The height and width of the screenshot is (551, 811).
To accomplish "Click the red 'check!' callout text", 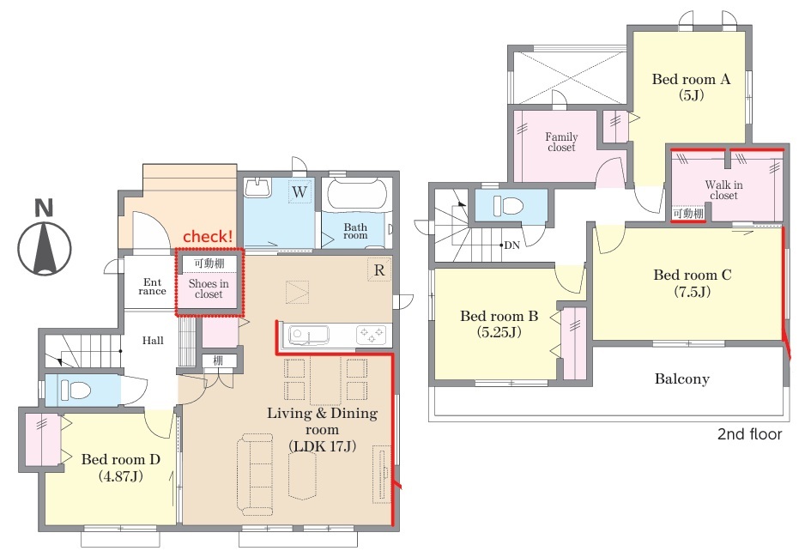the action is click(x=208, y=236).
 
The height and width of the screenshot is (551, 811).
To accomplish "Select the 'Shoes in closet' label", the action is click(x=209, y=288).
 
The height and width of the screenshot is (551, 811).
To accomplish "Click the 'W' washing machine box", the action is click(x=300, y=191).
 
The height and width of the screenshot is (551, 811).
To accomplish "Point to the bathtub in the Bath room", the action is click(x=358, y=196).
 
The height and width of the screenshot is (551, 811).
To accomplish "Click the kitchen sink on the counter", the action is click(x=309, y=335).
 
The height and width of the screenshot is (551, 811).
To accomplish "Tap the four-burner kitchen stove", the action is click(x=372, y=335).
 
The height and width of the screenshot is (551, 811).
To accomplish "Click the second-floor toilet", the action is click(x=508, y=205).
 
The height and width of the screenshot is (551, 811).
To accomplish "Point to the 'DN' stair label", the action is click(x=511, y=245).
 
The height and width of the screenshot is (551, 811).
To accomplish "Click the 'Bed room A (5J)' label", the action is click(x=691, y=87).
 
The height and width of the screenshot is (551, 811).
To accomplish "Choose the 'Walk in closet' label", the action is click(x=723, y=190).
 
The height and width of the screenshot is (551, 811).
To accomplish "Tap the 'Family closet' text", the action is click(x=561, y=142).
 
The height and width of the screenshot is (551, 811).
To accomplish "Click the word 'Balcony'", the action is click(x=681, y=378).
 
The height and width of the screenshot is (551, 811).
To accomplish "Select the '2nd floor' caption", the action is click(x=749, y=434).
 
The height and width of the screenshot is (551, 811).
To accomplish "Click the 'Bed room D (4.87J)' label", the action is click(x=120, y=467).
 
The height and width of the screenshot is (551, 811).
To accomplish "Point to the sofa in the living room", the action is click(x=255, y=475).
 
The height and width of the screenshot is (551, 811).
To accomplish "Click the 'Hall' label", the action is click(x=153, y=341).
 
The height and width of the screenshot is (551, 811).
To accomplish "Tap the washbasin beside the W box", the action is click(x=257, y=187).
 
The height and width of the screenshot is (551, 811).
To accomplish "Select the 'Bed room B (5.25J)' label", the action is click(x=499, y=324).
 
